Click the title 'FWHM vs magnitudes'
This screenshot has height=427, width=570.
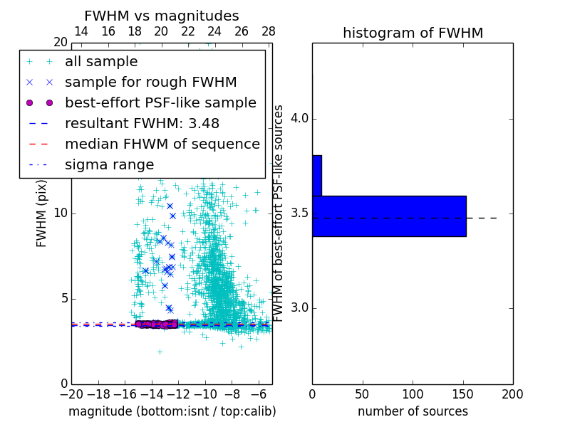click(162, 16)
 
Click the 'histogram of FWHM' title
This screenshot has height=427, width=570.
click(413, 33)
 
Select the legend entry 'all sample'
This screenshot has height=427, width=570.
click(101, 62)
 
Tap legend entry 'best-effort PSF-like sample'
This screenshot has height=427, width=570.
click(160, 102)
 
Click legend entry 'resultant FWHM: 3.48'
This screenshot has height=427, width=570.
click(142, 123)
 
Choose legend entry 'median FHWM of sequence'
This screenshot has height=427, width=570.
click(162, 144)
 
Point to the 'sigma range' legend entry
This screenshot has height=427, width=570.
click(109, 164)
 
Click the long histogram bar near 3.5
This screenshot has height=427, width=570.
click(389, 216)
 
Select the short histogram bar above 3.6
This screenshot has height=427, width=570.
click(317, 175)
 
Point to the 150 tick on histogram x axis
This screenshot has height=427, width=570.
click(462, 394)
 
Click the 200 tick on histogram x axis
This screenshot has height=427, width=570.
click(512, 394)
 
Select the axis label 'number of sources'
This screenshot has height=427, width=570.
click(413, 411)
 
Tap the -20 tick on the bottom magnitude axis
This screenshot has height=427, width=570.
click(71, 394)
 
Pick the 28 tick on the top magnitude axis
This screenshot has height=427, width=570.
click(269, 31)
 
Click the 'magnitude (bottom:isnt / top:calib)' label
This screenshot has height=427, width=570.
click(172, 411)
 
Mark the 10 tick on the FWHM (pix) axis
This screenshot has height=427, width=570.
click(61, 213)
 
